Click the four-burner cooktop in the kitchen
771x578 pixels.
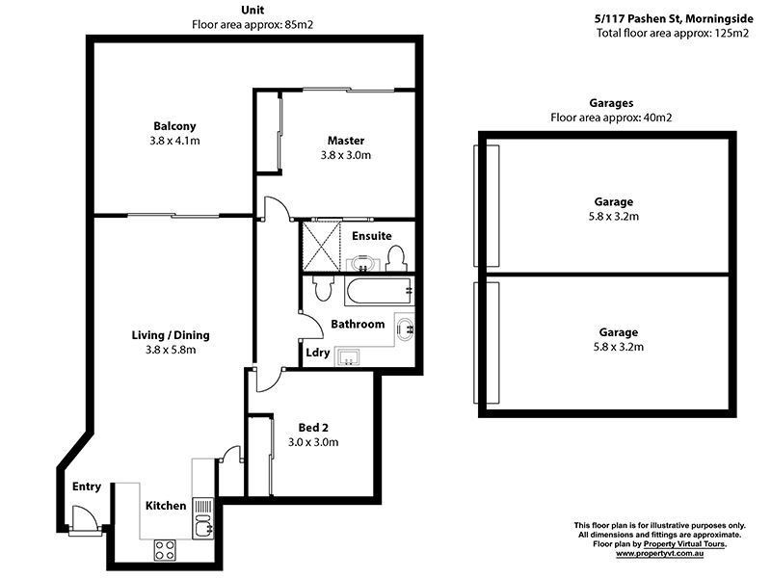click(x=165, y=550)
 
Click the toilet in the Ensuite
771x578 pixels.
click(x=394, y=257)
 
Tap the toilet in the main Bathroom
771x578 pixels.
click(x=322, y=289)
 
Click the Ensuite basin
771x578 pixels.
click(x=361, y=262)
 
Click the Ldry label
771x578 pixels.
click(x=318, y=353)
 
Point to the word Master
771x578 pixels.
click(x=345, y=141)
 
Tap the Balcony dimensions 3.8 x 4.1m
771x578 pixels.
click(x=174, y=141)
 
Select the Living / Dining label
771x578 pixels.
click(x=171, y=335)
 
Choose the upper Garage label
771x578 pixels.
click(x=613, y=202)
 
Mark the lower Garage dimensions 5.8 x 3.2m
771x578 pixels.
click(x=613, y=347)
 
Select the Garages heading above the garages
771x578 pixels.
click(x=610, y=103)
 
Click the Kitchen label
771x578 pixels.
click(x=166, y=506)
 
